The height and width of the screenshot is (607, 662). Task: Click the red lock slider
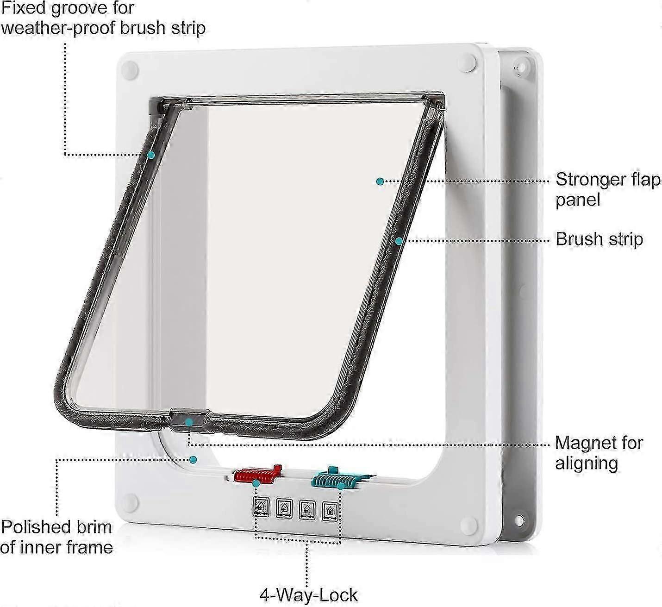click(258, 474)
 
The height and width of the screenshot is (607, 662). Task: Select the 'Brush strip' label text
click(600, 239)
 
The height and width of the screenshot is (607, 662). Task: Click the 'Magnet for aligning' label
click(599, 453)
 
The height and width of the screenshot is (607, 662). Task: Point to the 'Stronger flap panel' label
click(608, 189)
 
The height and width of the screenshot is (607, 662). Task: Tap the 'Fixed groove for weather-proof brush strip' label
click(103, 18)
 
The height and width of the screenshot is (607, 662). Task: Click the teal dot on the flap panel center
click(380, 181)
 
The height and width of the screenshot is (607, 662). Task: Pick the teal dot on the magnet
click(189, 422)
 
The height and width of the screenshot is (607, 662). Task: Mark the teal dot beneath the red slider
click(255, 483)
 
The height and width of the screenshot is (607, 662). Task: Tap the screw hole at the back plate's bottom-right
click(519, 520)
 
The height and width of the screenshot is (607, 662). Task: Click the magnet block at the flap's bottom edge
click(189, 420)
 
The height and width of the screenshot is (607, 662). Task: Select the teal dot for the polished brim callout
click(194, 459)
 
